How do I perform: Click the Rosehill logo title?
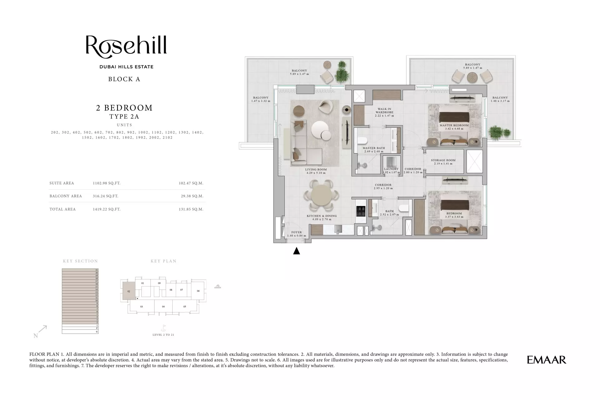click(x=126, y=47)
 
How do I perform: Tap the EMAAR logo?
click(x=546, y=360)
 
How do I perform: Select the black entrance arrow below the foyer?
click(x=296, y=251)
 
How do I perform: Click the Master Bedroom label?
click(x=454, y=125)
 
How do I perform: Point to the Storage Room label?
click(x=443, y=160)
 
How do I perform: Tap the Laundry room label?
click(x=391, y=169)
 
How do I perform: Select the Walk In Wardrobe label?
click(x=384, y=111)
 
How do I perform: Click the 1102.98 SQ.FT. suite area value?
click(x=106, y=183)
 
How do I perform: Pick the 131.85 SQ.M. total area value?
click(x=191, y=209)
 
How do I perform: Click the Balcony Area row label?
click(x=66, y=196)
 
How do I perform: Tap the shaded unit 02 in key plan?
click(x=129, y=291)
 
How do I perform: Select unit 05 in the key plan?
click(x=184, y=307)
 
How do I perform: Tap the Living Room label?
click(x=316, y=170)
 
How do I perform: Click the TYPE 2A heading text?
click(x=124, y=117)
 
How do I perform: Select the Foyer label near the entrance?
click(x=297, y=232)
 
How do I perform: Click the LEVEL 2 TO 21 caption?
click(x=163, y=335)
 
